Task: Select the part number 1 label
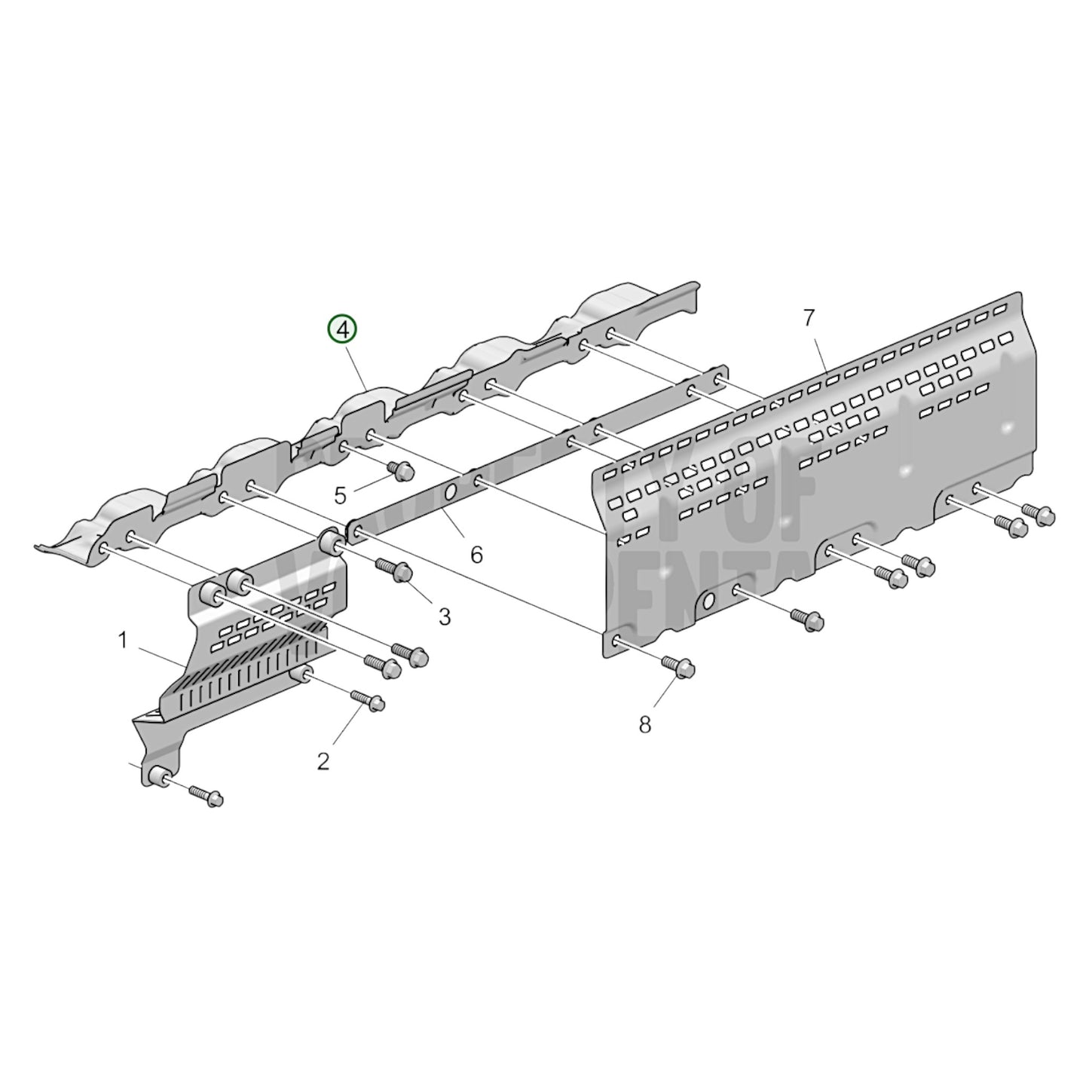122,641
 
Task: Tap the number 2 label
323,761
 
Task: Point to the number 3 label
445,616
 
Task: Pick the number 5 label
340,496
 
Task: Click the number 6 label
476,555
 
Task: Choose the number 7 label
809,318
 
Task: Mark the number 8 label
644,724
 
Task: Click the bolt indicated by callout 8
678,666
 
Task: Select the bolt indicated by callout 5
400,471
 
